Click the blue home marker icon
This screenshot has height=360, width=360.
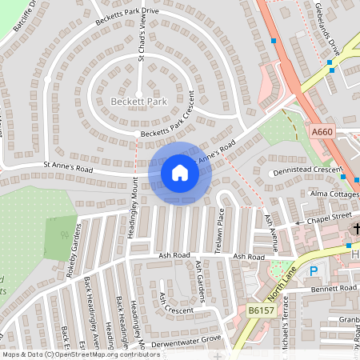pyautogui.click(x=180, y=173)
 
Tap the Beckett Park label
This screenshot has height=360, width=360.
pyautogui.click(x=138, y=103)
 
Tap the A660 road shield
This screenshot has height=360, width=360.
pyautogui.click(x=322, y=130)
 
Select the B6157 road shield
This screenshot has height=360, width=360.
pyautogui.click(x=259, y=310)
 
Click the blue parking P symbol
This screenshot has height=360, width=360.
pyautogui.click(x=314, y=271)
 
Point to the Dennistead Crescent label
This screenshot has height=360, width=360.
pyautogui.click(x=308, y=170)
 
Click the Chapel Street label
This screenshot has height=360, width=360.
pyautogui.click(x=327, y=214)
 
